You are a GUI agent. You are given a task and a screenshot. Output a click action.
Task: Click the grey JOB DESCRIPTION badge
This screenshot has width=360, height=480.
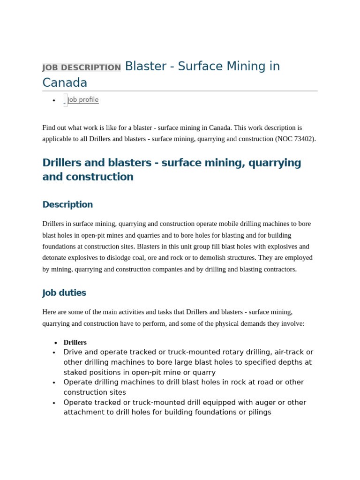(x=82, y=67)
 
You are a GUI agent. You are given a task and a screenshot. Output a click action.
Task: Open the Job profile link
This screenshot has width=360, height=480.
(x=83, y=100)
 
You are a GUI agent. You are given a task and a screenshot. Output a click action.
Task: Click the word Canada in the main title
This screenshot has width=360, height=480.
(x=65, y=83)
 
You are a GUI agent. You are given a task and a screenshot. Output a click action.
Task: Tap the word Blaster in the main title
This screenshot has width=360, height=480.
(x=145, y=67)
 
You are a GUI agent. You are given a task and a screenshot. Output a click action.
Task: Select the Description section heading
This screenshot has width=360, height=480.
(x=67, y=204)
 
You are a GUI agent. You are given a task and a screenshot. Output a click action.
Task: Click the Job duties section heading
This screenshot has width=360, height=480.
(x=64, y=293)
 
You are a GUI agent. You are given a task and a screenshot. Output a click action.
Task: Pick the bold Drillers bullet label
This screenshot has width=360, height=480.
(x=75, y=343)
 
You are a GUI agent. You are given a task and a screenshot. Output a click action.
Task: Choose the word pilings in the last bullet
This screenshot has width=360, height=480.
(x=257, y=412)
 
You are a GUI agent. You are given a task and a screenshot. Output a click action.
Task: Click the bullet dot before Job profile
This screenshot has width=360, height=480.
(x=54, y=100)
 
